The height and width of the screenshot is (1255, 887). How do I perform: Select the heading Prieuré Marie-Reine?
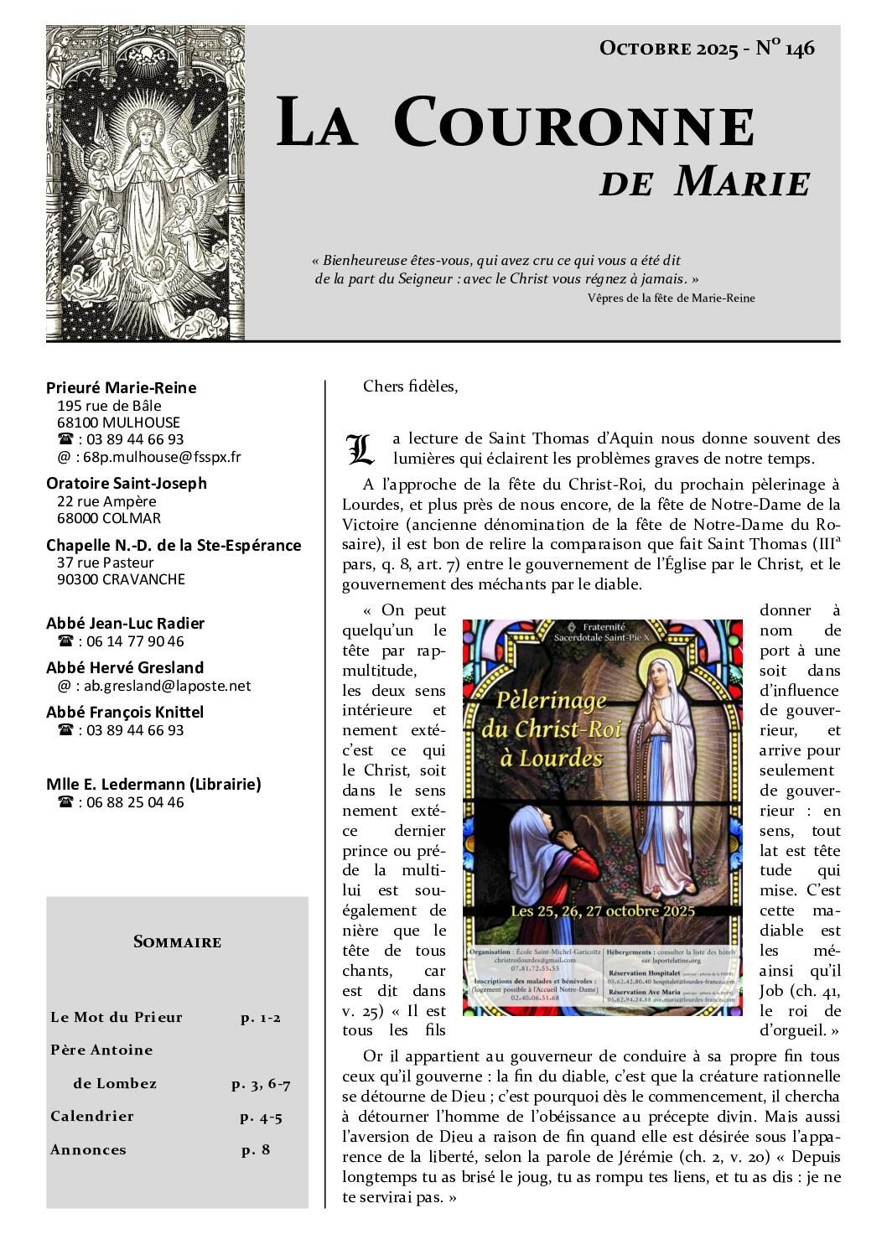tap(122, 387)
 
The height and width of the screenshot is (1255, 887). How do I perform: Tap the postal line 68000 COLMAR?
tap(109, 518)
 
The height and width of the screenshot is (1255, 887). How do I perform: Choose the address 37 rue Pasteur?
tap(106, 563)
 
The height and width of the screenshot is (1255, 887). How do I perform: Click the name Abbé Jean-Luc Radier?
tap(126, 623)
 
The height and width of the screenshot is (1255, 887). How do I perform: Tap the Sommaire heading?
tap(177, 941)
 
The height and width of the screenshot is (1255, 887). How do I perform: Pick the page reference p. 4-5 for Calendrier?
tap(261, 1117)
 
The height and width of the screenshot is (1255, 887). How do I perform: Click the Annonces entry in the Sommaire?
tap(88, 1149)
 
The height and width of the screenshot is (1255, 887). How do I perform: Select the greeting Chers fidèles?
tap(411, 386)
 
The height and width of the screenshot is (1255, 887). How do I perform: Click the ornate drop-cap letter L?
tap(360, 450)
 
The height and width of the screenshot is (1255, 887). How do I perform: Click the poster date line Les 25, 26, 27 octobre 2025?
tap(599, 910)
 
